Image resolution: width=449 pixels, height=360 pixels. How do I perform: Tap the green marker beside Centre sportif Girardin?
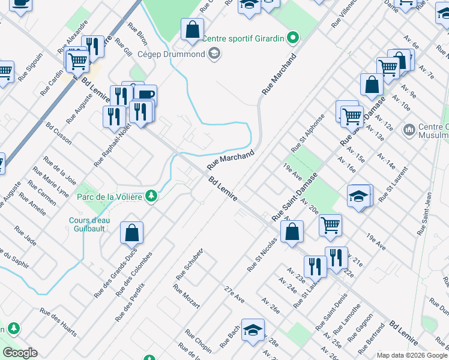pos(292,38)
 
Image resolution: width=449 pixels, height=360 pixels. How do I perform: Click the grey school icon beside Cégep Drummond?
pos(214,55)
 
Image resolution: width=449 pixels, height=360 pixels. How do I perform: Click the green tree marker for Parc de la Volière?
pos(152,196)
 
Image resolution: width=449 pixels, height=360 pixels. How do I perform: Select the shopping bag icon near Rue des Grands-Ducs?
pos(131,232)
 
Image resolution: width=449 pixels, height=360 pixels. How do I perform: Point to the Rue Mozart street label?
pos(186,296)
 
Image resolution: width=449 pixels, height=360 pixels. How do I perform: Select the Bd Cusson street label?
pos(59,133)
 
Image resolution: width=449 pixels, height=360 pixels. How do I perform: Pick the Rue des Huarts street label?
pos(59,321)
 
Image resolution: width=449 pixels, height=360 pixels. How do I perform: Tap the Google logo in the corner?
pos(20,352)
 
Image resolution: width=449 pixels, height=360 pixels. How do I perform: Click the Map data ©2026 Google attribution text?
pos(411,355)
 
